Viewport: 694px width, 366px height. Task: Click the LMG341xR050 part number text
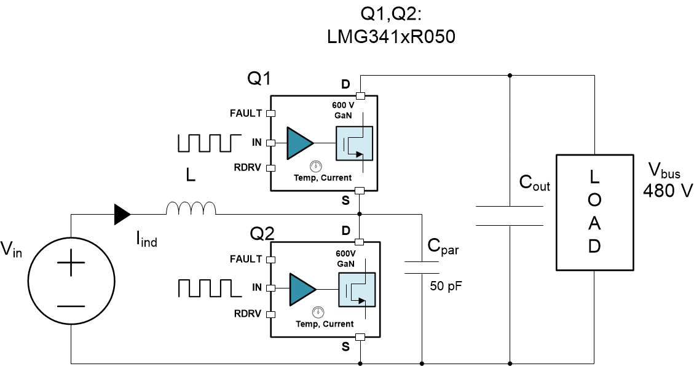pos(392,37)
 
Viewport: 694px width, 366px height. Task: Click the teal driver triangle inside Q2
pos(302,287)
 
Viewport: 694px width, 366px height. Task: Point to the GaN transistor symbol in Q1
pos(353,143)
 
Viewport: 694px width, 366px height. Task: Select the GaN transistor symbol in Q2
pos(356,288)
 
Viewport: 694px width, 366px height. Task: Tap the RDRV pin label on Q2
pos(248,314)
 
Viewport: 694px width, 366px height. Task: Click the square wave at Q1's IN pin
pos(205,142)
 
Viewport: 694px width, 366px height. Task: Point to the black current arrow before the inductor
pos(122,214)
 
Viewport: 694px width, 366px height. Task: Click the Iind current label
pos(146,241)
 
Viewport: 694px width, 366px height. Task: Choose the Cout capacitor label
pos(534,183)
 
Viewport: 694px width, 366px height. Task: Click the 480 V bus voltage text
pos(668,190)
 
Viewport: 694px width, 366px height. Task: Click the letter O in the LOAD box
pos(594,201)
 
